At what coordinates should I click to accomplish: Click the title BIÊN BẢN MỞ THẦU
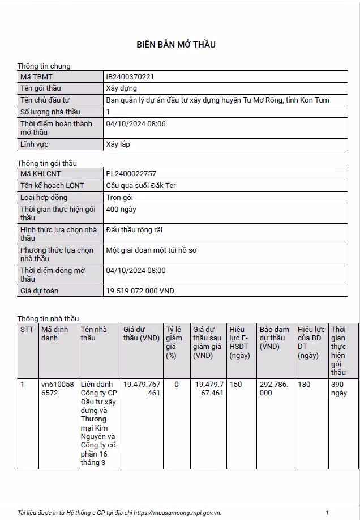[176, 45]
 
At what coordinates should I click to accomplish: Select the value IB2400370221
[130, 76]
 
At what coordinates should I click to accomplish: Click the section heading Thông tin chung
[44, 66]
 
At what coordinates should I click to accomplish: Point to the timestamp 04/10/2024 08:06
[136, 123]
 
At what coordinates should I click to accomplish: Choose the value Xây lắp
[118, 144]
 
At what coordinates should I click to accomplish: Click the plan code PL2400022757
[131, 174]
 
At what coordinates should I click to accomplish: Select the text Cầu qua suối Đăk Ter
[141, 186]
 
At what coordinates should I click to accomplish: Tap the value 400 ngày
[121, 210]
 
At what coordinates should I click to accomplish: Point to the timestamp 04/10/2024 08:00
[136, 271]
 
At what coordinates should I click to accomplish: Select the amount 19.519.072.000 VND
[140, 291]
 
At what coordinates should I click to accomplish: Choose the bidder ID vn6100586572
[58, 389]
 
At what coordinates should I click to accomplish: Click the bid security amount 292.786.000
[274, 389]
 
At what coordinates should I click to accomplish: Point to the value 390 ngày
[338, 389]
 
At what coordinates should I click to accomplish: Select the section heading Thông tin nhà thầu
[48, 318]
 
